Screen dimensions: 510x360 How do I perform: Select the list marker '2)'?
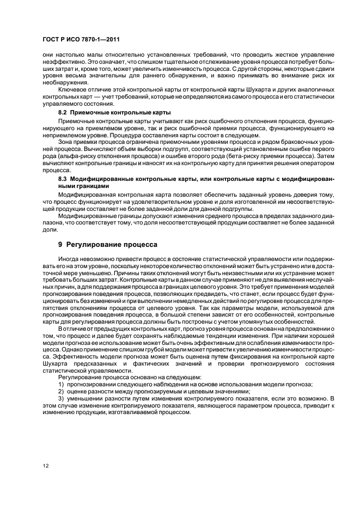pyautogui.click(x=62, y=392)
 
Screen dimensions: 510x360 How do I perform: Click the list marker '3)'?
pyautogui.click(x=62, y=399)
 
